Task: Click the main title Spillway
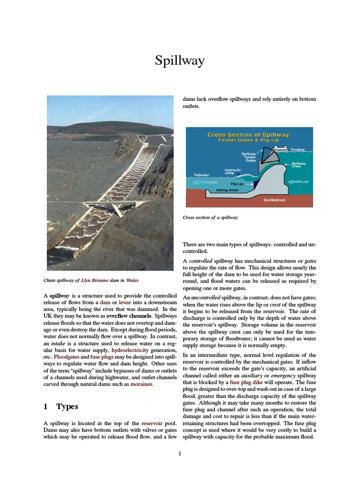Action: click(x=180, y=61)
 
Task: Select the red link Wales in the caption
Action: click(x=132, y=281)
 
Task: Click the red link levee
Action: click(x=125, y=304)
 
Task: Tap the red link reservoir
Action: click(x=152, y=423)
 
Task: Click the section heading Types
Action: click(x=67, y=406)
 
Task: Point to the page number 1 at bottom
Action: click(x=180, y=453)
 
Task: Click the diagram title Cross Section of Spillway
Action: click(x=248, y=135)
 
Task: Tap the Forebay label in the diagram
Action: click(x=298, y=150)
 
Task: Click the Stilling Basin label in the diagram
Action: click(x=227, y=190)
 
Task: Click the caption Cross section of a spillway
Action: click(x=210, y=217)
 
